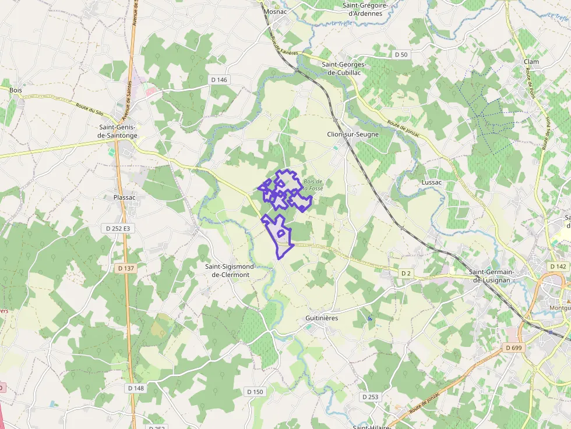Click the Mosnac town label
pyautogui.click(x=275, y=11)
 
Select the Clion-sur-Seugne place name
pyautogui.click(x=353, y=134)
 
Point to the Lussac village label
pyautogui.click(x=431, y=182)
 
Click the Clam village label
pyautogui.click(x=531, y=62)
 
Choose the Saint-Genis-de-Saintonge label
pyautogui.click(x=118, y=132)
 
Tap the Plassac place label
pyautogui.click(x=124, y=197)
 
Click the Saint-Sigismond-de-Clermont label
pyautogui.click(x=231, y=271)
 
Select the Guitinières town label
pyautogui.click(x=322, y=318)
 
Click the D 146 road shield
pyautogui.click(x=218, y=80)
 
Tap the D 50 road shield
pyautogui.click(x=401, y=54)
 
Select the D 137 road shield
pyautogui.click(x=125, y=268)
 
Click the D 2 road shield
pyautogui.click(x=406, y=273)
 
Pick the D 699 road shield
pyautogui.click(x=512, y=348)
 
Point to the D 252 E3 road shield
pyautogui.click(x=118, y=229)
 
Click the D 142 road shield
pyautogui.click(x=559, y=266)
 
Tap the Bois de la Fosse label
pyautogui.click(x=313, y=185)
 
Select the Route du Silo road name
pyautogui.click(x=89, y=108)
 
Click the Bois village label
pyautogui.click(x=15, y=90)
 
